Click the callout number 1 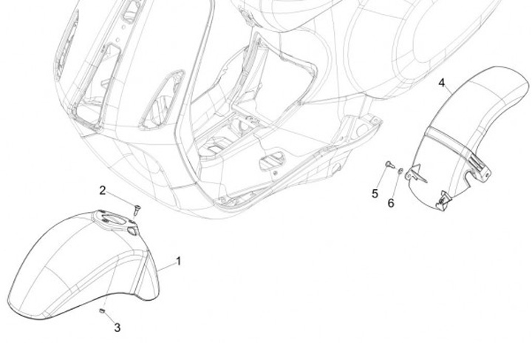coord(178,261)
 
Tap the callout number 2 coord(103,190)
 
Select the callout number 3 coord(117,327)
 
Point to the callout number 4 coord(442,82)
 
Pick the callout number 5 coord(375,194)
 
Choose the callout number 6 coord(392,202)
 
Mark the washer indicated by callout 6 coord(400,171)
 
